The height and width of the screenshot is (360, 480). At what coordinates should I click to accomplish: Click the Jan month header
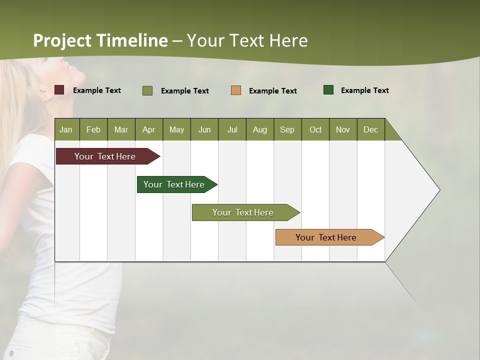pyautogui.click(x=66, y=129)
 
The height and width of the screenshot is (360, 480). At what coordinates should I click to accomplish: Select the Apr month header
pyautogui.click(x=149, y=129)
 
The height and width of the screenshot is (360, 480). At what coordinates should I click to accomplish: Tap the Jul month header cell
pyautogui.click(x=232, y=129)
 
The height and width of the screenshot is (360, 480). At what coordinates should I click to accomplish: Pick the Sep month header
pyautogui.click(x=287, y=129)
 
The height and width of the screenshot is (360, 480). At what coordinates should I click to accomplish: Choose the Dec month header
pyautogui.click(x=370, y=129)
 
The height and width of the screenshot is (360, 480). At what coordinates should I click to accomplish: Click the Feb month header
pyautogui.click(x=93, y=129)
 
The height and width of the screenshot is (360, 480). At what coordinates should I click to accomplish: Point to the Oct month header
pyautogui.click(x=315, y=129)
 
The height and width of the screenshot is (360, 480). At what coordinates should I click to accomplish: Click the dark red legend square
pyautogui.click(x=59, y=90)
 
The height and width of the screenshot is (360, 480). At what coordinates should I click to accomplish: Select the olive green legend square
pyautogui.click(x=147, y=90)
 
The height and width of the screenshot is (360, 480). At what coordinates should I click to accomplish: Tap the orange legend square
pyautogui.click(x=236, y=90)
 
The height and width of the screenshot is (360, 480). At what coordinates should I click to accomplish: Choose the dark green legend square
pyautogui.click(x=328, y=90)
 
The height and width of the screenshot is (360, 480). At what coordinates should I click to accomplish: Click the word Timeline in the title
pyautogui.click(x=132, y=40)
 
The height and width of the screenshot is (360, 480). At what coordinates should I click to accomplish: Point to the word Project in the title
pyautogui.click(x=62, y=40)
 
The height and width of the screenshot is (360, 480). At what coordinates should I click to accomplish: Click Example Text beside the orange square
pyautogui.click(x=273, y=91)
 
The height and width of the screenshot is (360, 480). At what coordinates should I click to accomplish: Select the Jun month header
pyautogui.click(x=204, y=129)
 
